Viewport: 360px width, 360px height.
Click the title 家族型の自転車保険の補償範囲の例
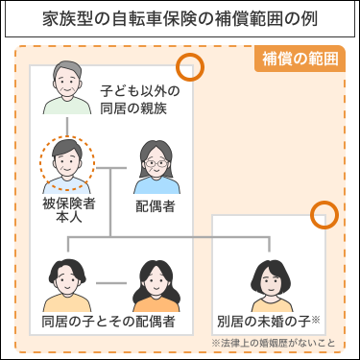click(180, 19)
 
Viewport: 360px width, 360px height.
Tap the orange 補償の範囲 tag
click(301, 58)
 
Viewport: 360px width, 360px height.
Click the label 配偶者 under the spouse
click(156, 205)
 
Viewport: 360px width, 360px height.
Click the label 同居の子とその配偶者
click(108, 321)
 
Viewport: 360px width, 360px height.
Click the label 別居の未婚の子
click(265, 321)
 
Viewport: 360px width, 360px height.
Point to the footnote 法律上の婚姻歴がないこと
click(276, 342)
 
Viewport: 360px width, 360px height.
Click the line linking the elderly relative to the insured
click(66, 125)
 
